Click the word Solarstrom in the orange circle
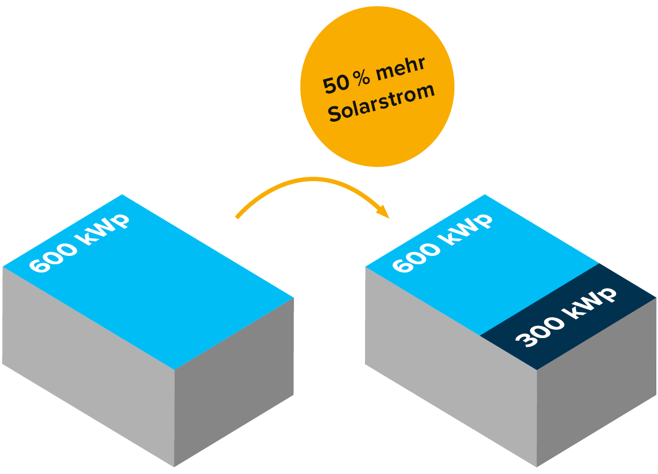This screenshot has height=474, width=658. (x=381, y=103)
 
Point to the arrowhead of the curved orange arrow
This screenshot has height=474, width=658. (x=384, y=212)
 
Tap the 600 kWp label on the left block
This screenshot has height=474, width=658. (x=79, y=242)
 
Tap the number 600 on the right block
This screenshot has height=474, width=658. (x=416, y=257)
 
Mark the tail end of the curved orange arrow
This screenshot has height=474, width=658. (x=237, y=217)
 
